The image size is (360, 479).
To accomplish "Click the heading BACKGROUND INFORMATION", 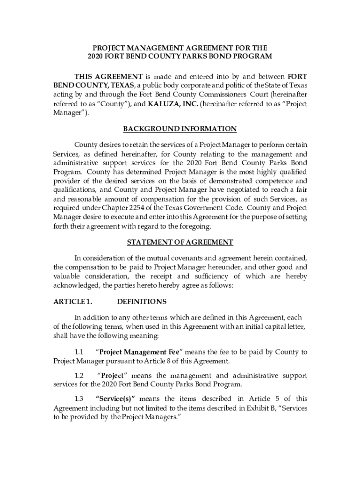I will coord(180,129).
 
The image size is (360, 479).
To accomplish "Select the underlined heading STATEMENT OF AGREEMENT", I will coord(180,242).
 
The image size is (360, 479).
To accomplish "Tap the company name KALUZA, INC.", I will coord(173,104).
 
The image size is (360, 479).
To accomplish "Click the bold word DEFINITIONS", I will coord(142,302).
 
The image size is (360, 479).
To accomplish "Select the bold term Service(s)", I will coord(115,399).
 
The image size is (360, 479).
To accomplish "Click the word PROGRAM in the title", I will coord(253,57).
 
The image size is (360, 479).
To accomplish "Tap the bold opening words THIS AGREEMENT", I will coord(108,77).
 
